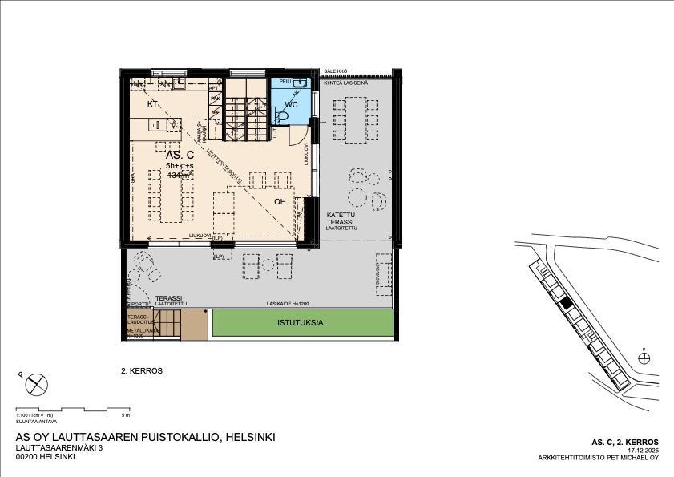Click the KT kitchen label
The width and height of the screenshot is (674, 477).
(152, 105)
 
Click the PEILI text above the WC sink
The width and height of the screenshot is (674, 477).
(285, 82)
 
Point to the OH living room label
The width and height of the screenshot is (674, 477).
(280, 201)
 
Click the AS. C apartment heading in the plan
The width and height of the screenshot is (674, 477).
(180, 155)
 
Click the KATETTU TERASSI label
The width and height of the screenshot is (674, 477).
(341, 219)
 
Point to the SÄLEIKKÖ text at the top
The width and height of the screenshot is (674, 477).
(335, 71)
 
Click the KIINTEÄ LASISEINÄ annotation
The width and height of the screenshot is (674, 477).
(345, 83)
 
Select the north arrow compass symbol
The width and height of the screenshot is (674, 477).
(36, 386)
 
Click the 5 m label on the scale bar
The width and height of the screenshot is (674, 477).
(125, 416)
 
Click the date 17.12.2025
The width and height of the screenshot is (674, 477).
(643, 451)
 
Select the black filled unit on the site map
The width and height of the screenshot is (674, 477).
(566, 303)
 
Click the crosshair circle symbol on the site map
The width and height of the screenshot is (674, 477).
(644, 358)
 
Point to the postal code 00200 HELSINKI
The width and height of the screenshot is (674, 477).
(46, 457)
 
